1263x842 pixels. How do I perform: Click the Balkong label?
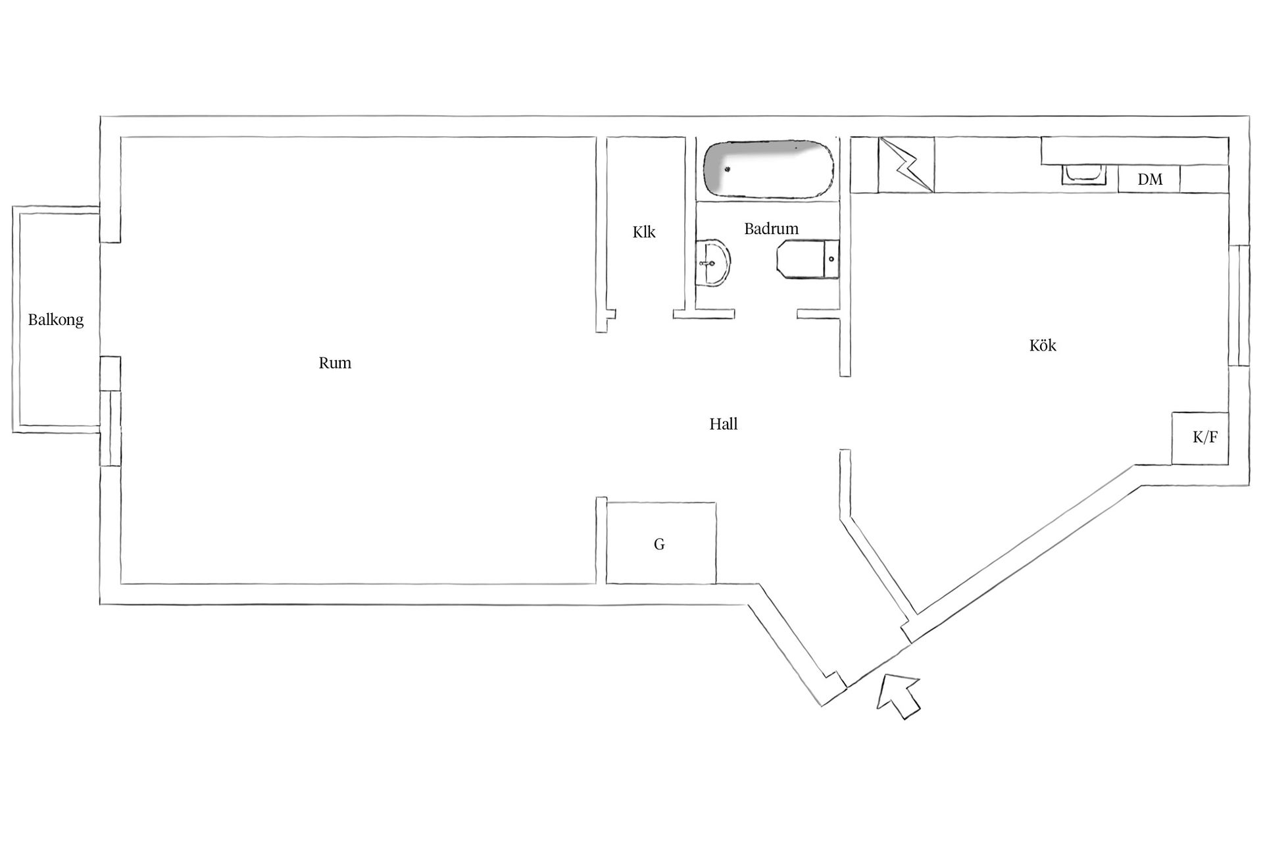56,320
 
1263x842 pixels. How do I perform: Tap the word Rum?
335,363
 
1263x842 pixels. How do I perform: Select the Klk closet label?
644,232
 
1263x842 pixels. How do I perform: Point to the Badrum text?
771,229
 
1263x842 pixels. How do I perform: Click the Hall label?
723,424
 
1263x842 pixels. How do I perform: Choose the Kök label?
1043,345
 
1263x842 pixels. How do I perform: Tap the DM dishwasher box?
1149,179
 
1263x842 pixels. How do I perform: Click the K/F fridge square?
1200,438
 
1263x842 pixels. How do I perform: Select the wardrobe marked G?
660,543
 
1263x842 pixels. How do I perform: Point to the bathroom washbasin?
713,263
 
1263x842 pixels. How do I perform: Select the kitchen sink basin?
1083,175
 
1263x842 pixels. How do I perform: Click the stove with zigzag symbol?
906,164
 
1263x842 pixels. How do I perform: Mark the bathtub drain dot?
728,170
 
